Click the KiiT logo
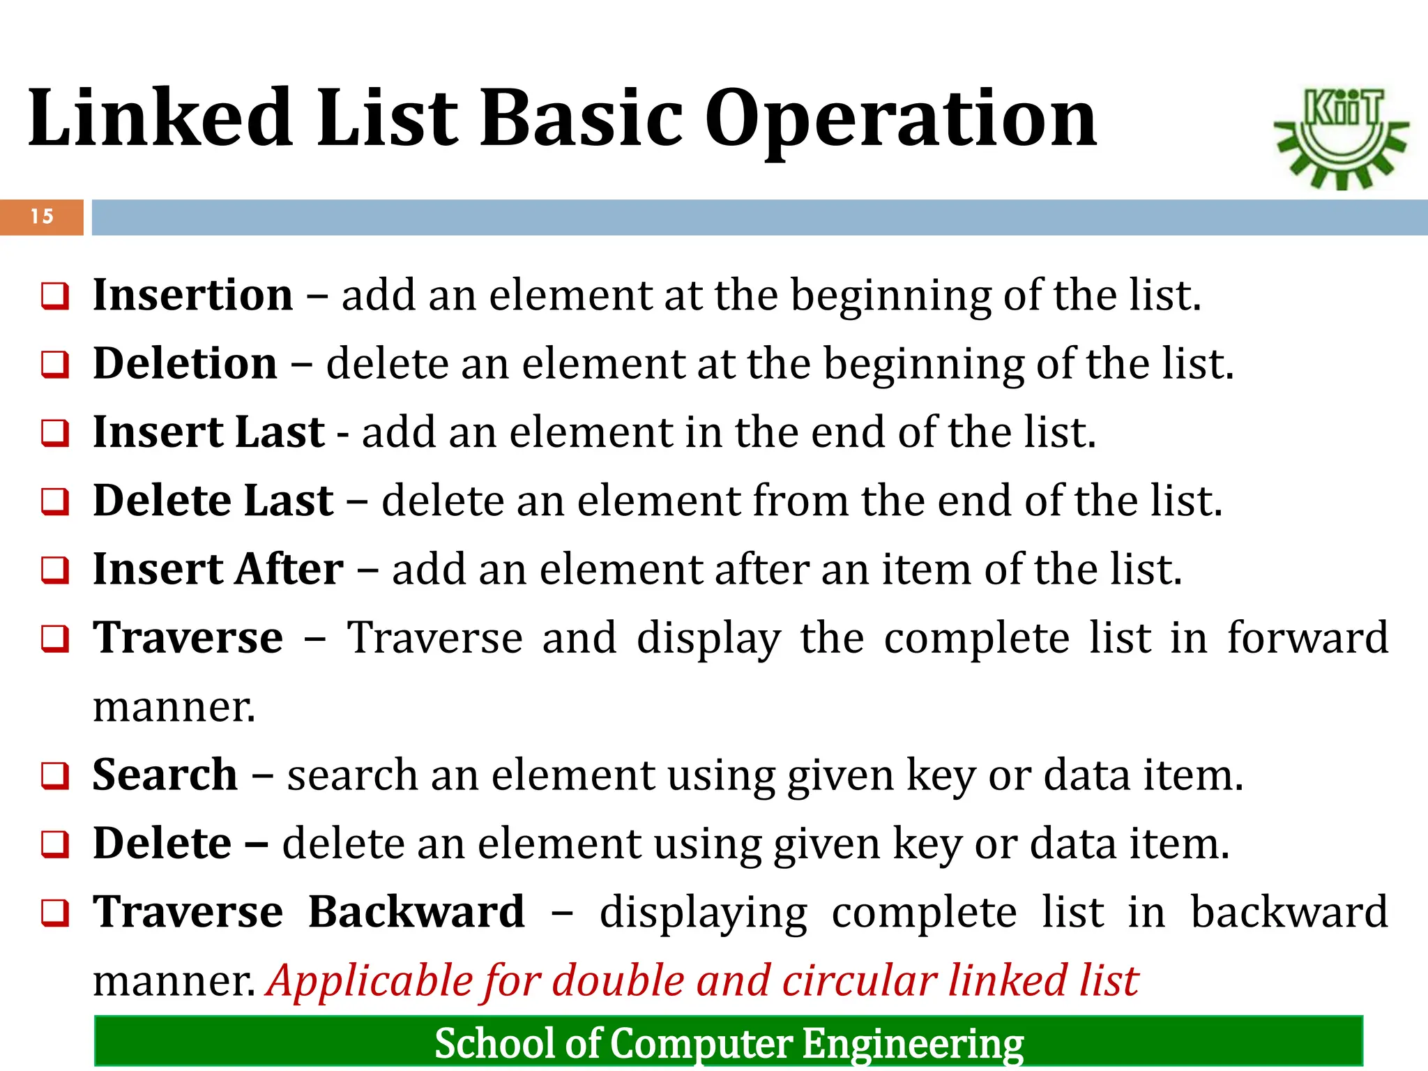point(1342,138)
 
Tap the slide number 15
point(42,217)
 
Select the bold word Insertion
point(193,295)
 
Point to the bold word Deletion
point(185,364)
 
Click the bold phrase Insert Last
point(208,432)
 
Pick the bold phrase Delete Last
point(213,501)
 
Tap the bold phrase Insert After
point(218,569)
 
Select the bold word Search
point(165,775)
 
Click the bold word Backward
point(416,912)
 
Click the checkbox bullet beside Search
point(55,776)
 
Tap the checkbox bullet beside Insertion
point(55,296)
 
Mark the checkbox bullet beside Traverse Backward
point(55,913)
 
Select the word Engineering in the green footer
point(913,1044)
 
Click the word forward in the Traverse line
point(1307,637)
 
